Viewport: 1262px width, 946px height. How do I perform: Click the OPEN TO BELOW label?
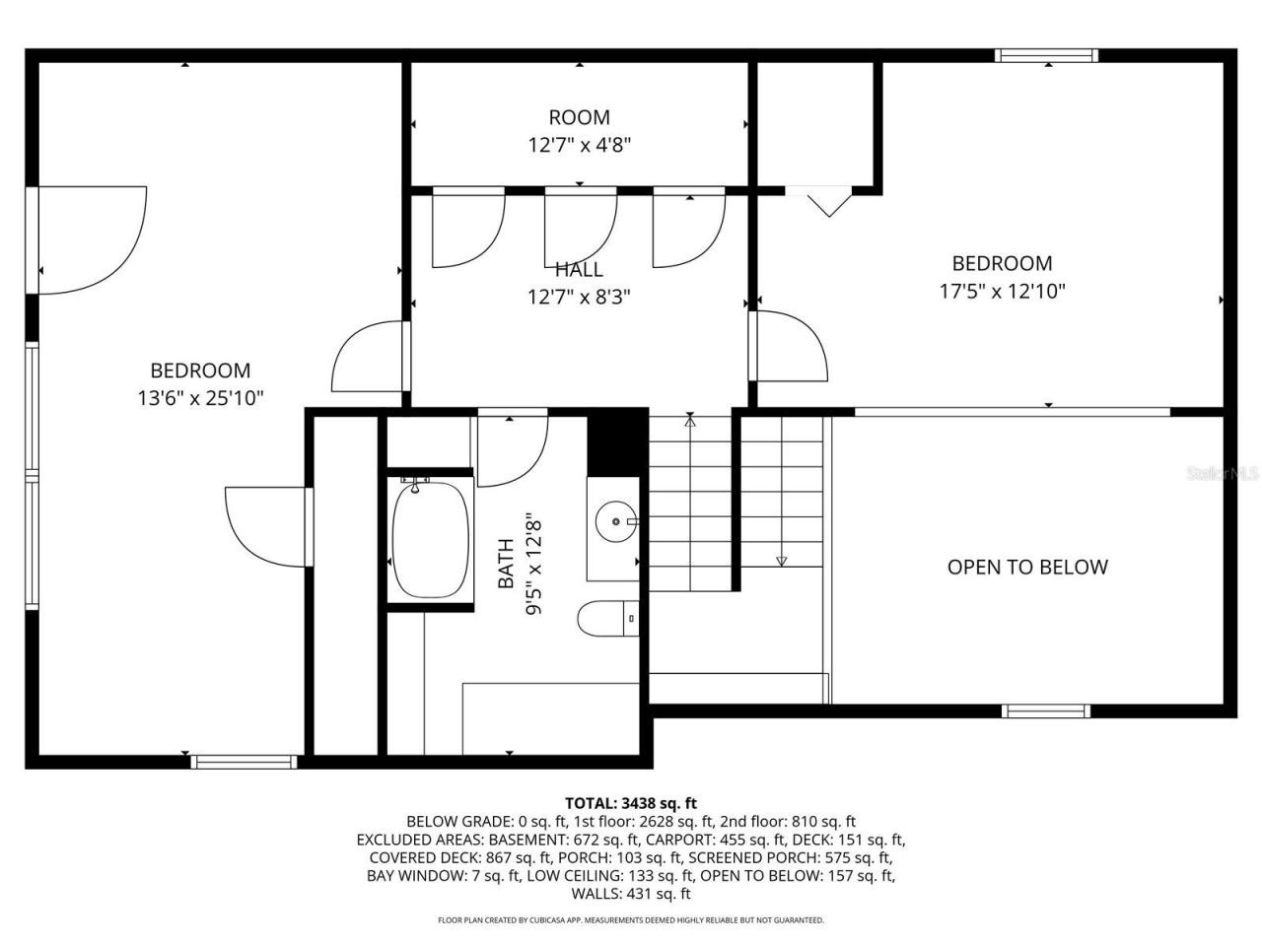coord(1027,567)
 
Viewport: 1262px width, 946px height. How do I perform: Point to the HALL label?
coord(579,270)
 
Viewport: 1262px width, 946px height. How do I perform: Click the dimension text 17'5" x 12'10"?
coord(1002,292)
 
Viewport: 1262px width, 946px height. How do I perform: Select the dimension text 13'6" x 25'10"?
coord(200,399)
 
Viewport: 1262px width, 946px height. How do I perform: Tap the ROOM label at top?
coord(579,117)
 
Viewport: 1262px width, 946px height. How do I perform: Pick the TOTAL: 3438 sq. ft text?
coord(630,803)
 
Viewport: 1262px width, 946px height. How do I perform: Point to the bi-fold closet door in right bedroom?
coord(827,201)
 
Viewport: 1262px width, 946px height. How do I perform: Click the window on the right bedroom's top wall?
coord(1046,56)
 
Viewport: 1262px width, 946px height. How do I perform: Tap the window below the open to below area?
coord(1046,710)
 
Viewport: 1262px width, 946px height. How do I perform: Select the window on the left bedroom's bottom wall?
coord(244,761)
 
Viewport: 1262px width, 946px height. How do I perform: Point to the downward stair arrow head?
coord(782,561)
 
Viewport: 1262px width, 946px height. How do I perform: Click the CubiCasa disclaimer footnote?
coord(630,920)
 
